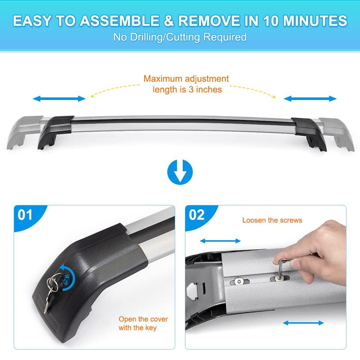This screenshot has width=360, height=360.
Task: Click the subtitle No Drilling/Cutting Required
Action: (x=180, y=37)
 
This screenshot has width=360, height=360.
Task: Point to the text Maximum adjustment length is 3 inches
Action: (x=186, y=84)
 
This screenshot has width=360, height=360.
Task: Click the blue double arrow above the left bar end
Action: (x=59, y=99)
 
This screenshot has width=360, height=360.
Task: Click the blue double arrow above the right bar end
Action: (x=310, y=99)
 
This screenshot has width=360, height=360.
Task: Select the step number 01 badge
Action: (x=26, y=215)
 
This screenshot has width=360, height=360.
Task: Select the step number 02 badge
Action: (x=197, y=215)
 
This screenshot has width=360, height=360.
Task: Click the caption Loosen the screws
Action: (x=272, y=220)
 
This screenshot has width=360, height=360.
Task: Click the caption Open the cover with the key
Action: (x=143, y=323)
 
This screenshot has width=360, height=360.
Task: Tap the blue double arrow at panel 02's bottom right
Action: (x=303, y=323)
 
